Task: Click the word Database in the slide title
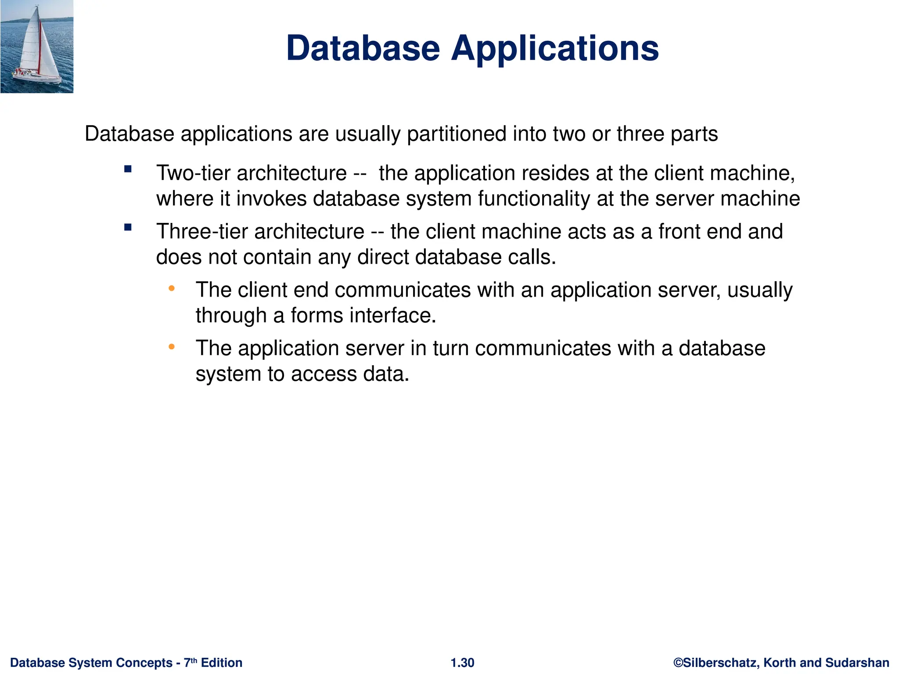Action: (x=363, y=48)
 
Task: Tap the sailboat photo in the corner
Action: (x=37, y=47)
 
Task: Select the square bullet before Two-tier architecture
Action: (x=128, y=169)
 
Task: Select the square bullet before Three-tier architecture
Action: (x=128, y=227)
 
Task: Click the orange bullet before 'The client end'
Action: (x=172, y=288)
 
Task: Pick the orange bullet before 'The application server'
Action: (x=172, y=347)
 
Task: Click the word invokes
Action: (x=271, y=198)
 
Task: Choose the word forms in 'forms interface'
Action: (x=316, y=315)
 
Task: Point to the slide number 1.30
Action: (x=462, y=663)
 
